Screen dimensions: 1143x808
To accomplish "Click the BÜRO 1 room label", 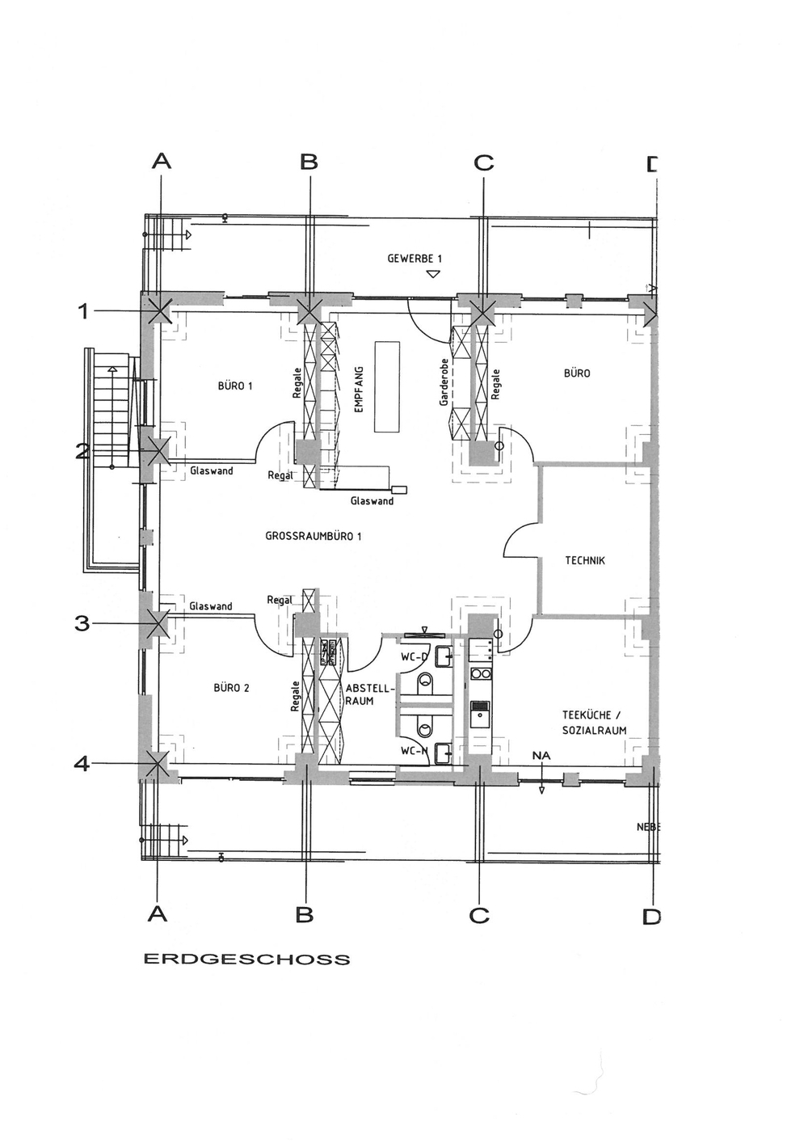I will coord(235,386).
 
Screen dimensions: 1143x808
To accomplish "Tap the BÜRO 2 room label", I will coord(231,688).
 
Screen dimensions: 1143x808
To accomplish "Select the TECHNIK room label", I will coord(585,560).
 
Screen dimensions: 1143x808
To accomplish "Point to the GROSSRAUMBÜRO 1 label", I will coord(314,536).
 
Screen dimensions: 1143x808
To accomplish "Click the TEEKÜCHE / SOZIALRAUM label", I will coord(594,723).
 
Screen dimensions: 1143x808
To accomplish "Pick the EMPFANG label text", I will coord(360,390).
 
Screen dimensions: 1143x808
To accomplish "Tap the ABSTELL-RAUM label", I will coord(360,694).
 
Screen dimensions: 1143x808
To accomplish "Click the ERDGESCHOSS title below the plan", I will coord(247,960).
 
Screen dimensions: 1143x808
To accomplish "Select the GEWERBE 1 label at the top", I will coord(415,259).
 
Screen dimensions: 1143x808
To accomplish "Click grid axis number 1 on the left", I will coord(83,310).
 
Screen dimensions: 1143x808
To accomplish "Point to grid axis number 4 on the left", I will coord(82,762).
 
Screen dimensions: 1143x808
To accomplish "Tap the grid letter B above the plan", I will coord(309,162).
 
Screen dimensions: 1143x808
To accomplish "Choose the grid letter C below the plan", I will coord(479,915).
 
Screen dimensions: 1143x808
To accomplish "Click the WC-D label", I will coord(414,657).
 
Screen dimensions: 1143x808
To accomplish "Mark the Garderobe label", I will coord(444,382).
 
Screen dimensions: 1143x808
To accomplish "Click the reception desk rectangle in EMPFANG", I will coord(387,386).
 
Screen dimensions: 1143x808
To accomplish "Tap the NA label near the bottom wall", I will coord(541,756).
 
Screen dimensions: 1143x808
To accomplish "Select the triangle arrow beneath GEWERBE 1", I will coord(433,275).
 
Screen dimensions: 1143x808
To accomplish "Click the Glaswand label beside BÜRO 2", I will coord(211,606).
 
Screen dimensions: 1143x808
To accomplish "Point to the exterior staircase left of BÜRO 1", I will coord(110,412).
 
